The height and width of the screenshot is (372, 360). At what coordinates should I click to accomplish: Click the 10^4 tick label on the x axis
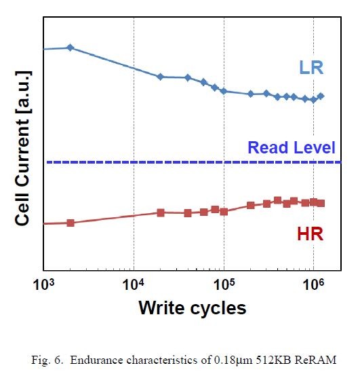pyautogui.click(x=134, y=284)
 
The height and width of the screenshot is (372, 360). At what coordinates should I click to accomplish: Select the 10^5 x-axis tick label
pyautogui.click(x=224, y=284)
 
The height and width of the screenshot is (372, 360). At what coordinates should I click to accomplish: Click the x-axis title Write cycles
pyautogui.click(x=192, y=308)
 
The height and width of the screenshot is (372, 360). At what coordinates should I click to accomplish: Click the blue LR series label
pyautogui.click(x=311, y=68)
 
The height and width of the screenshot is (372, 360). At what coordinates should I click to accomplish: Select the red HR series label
pyautogui.click(x=310, y=234)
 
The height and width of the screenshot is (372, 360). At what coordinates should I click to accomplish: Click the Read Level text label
pyautogui.click(x=292, y=147)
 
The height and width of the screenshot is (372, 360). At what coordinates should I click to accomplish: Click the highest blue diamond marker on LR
pyautogui.click(x=71, y=48)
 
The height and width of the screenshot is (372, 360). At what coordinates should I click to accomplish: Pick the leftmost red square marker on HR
pyautogui.click(x=71, y=223)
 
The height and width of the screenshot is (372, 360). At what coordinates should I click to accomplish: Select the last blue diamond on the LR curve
pyautogui.click(x=321, y=96)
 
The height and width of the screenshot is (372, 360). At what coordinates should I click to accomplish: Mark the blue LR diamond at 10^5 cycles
pyautogui.click(x=224, y=91)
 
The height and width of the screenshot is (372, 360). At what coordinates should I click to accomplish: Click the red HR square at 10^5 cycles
pyautogui.click(x=224, y=211)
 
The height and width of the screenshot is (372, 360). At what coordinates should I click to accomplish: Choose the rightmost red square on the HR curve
pyautogui.click(x=321, y=203)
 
